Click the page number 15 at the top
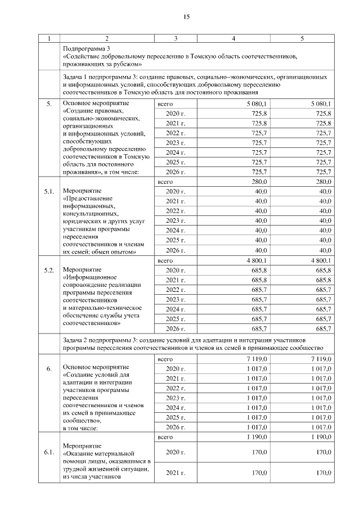[x=186, y=17]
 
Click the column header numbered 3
[x=175, y=38]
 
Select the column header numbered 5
[x=302, y=38]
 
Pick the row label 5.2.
[x=49, y=270]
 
